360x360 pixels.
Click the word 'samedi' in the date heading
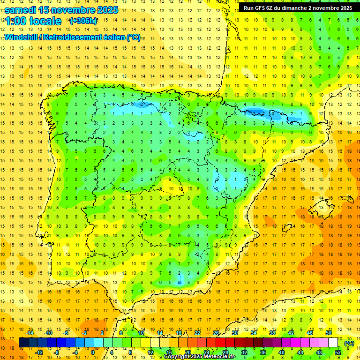click(22, 10)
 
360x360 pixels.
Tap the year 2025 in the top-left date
click(105, 10)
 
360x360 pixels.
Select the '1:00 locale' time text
click(33, 21)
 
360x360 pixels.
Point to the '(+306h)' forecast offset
click(83, 21)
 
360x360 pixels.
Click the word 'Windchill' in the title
click(21, 37)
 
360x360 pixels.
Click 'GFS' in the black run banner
click(262, 8)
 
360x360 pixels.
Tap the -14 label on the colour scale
click(30, 333)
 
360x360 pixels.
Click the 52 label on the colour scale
click(338, 352)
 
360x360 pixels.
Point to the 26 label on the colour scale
click(216, 333)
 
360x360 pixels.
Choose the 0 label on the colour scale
click(92, 352)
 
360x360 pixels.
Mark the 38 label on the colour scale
click(272, 333)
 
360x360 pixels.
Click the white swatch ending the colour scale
click(333, 343)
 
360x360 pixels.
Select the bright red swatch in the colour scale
click(221, 343)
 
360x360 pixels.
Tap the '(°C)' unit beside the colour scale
click(349, 343)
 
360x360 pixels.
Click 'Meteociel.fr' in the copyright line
click(220, 357)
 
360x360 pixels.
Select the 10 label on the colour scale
click(141, 333)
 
